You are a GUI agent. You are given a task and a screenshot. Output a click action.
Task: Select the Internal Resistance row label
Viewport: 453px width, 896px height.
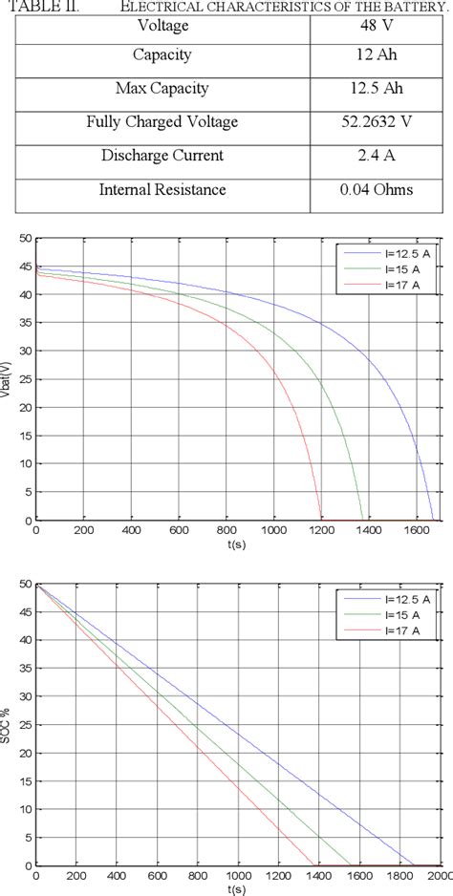pyautogui.click(x=162, y=190)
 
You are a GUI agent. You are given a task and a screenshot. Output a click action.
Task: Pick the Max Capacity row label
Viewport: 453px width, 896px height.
pyautogui.click(x=162, y=88)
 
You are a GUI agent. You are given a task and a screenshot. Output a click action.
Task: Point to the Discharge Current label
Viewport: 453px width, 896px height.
pyautogui.click(x=162, y=156)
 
